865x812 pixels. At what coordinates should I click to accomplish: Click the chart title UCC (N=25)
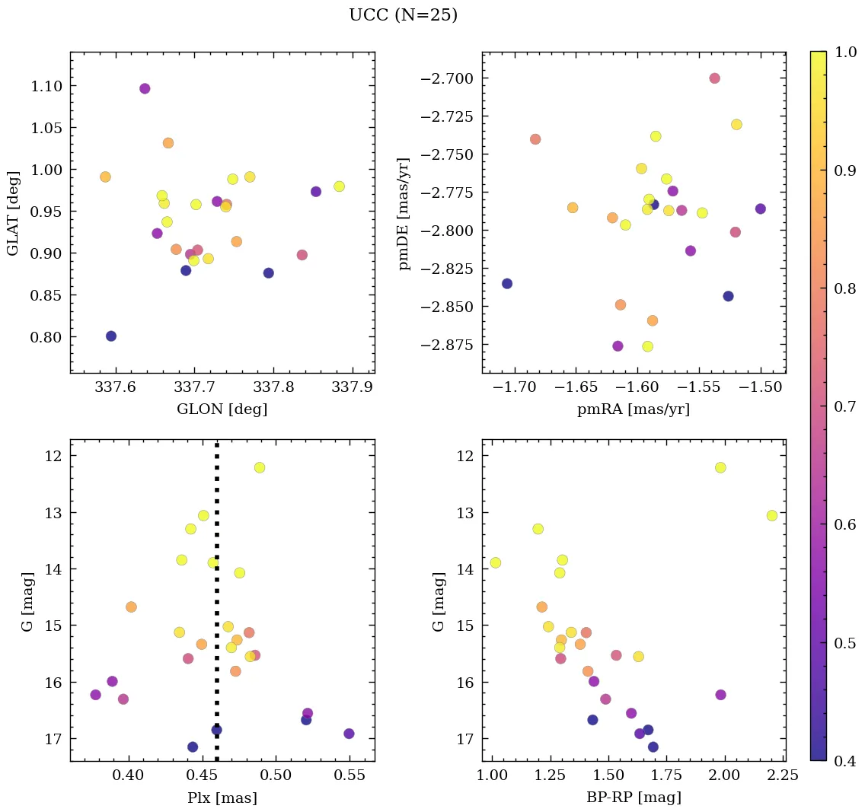[x=403, y=15]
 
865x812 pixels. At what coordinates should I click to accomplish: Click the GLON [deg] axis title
[x=222, y=409]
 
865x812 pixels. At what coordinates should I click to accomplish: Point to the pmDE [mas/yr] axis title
[x=404, y=213]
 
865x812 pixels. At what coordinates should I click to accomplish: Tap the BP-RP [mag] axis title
[x=634, y=798]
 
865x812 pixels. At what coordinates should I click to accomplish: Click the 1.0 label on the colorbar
[x=843, y=52]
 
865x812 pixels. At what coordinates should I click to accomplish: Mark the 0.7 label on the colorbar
[x=843, y=406]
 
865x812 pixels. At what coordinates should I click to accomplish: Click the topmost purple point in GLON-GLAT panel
[x=145, y=88]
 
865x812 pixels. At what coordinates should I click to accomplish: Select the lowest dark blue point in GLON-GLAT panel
[x=111, y=336]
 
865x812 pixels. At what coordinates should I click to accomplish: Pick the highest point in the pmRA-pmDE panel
[x=714, y=78]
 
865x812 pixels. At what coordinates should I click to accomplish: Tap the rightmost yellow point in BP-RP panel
[x=772, y=515]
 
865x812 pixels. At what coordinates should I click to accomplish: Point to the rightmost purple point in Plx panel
[x=349, y=734]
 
